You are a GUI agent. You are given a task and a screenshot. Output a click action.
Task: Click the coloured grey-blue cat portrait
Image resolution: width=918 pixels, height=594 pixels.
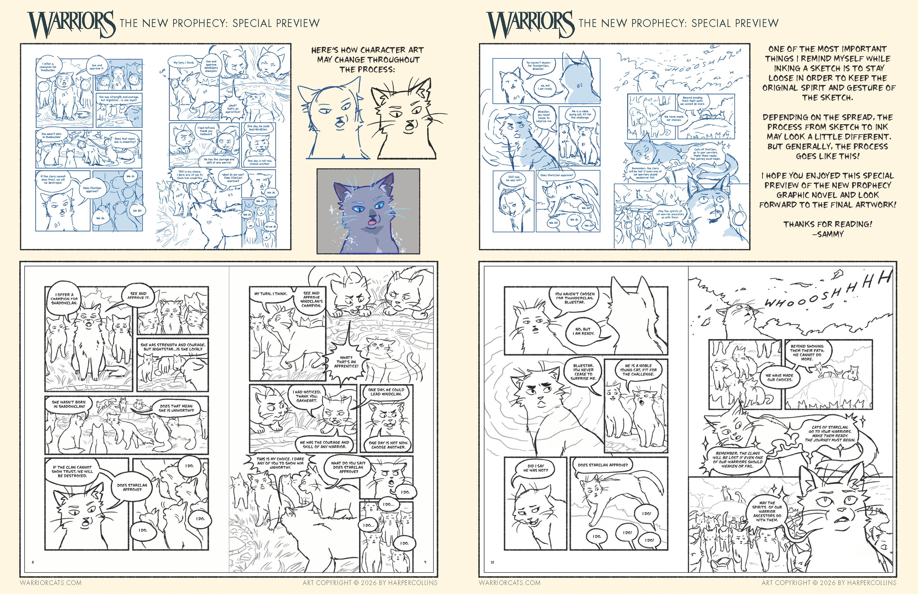pos(368,211)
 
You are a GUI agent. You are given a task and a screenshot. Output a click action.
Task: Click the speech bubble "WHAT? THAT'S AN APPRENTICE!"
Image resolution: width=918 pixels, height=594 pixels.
pos(346,362)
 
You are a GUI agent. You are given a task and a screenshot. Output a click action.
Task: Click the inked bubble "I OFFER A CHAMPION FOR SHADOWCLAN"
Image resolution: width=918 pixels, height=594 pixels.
pos(64,299)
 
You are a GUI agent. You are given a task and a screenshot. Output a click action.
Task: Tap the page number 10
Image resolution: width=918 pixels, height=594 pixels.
pos(492,562)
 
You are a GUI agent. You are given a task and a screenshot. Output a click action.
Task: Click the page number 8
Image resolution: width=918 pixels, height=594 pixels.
pos(33,562)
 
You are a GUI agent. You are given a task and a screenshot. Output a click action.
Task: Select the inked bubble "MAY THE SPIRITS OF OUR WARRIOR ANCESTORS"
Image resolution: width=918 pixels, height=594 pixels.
pos(767,511)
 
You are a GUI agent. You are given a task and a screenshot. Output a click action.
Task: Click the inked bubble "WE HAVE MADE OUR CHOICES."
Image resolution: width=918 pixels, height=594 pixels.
pos(779,378)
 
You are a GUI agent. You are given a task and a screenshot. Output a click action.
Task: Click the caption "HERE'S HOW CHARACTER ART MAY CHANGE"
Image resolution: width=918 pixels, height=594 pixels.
pos(367,60)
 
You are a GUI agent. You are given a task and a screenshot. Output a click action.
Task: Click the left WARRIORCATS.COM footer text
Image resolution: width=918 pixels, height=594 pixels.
pos(50,583)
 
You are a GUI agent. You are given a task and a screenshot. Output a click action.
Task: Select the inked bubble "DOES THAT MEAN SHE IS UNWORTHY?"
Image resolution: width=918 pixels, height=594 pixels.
pos(176,408)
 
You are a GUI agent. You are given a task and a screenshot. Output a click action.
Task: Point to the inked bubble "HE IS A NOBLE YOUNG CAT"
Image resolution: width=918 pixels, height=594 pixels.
pos(638,370)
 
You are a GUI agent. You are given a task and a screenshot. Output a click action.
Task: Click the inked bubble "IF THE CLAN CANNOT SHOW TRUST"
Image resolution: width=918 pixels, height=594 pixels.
pos(72,471)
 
